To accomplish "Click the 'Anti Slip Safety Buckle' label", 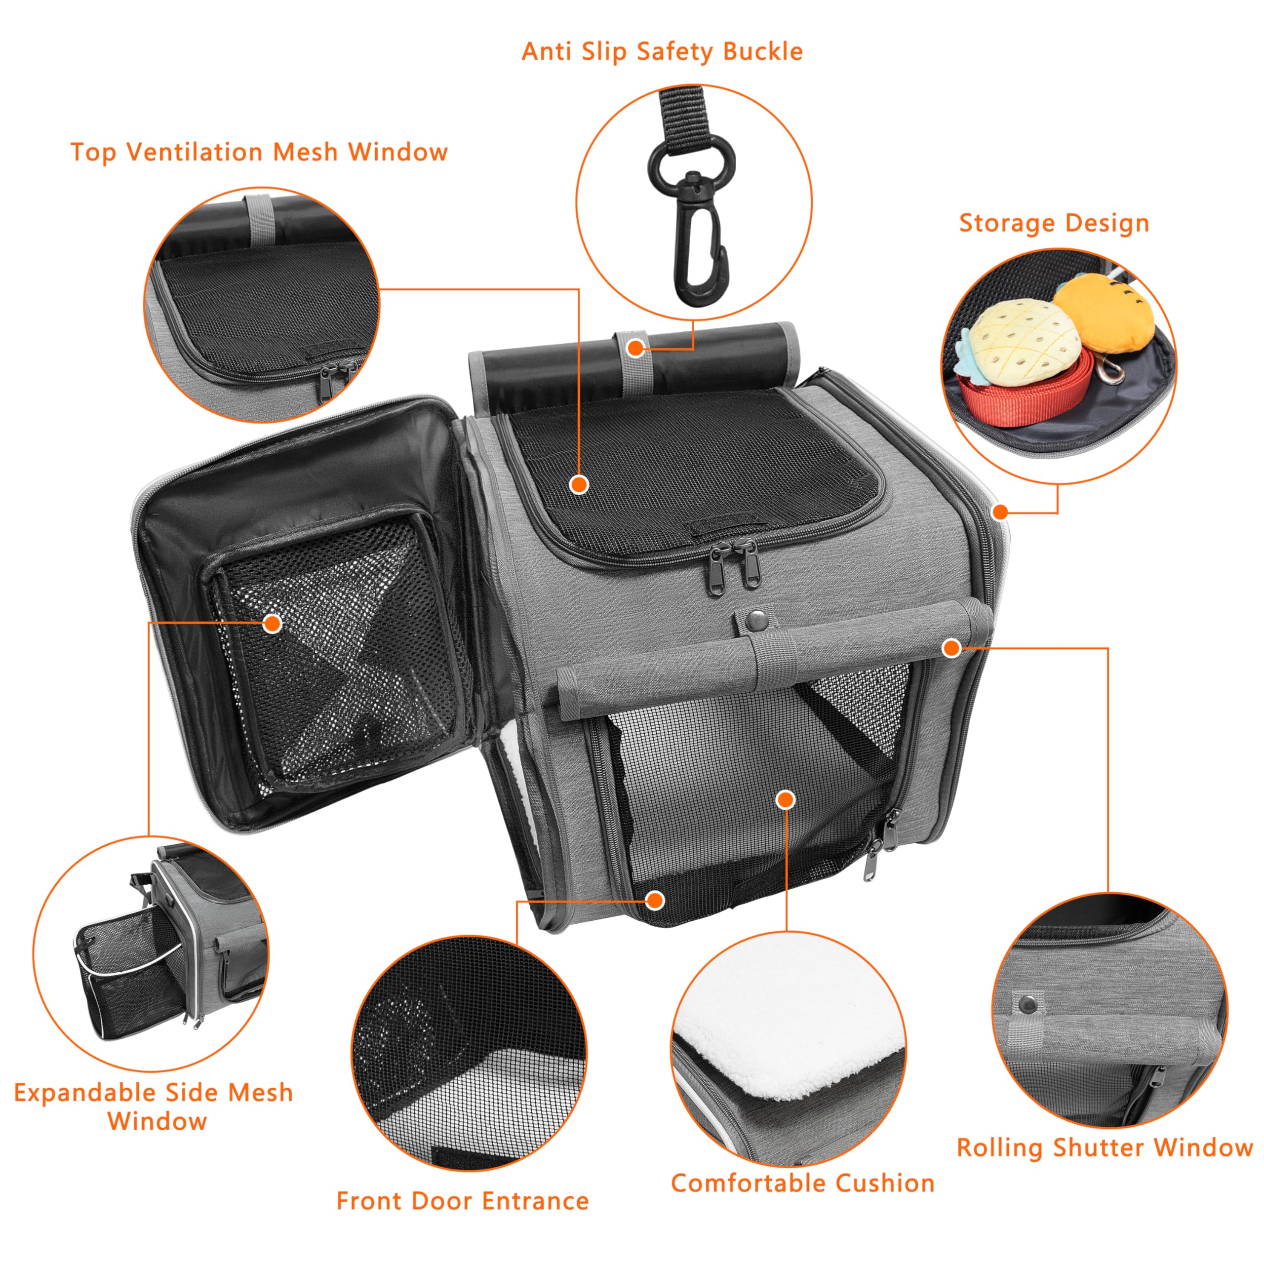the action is tap(662, 52).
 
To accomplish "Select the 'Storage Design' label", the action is tap(1054, 223).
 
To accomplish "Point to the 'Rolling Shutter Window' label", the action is tap(1105, 1147).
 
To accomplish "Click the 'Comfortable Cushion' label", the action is tap(803, 1183).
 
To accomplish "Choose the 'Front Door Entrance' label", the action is tap(463, 1200).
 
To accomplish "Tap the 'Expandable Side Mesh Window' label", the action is tap(154, 1107).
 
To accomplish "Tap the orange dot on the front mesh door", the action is tap(786, 799).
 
